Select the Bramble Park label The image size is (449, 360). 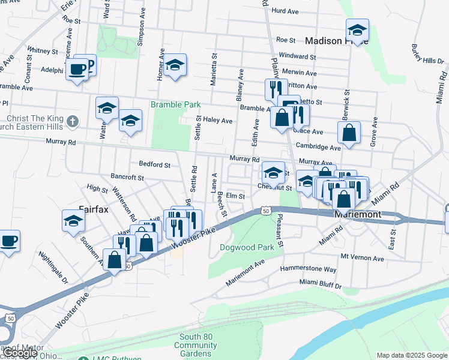(x=175, y=104)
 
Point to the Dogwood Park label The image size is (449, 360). (x=247, y=247)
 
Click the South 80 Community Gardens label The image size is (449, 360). (x=196, y=345)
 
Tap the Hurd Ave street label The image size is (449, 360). (x=285, y=11)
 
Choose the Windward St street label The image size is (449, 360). (x=298, y=56)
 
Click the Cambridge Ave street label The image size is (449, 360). (x=318, y=147)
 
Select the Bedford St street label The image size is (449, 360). (x=155, y=164)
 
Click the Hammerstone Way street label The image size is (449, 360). (x=309, y=269)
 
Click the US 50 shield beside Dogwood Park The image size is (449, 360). (x=265, y=211)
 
